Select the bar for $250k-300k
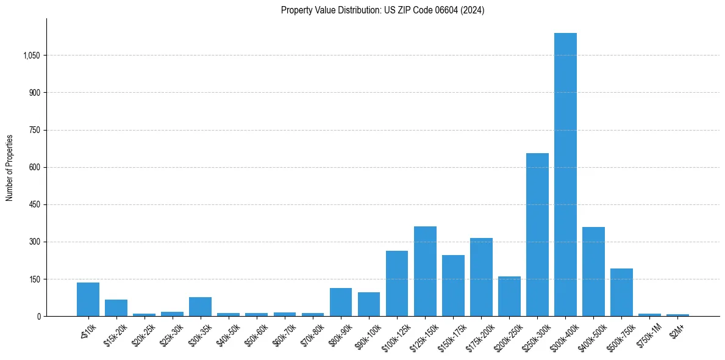[537, 235]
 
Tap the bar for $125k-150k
[425, 272]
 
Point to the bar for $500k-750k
[621, 292]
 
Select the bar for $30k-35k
[200, 307]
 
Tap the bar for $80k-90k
[341, 302]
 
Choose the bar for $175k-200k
[481, 277]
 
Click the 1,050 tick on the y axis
[31, 56]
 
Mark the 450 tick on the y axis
[35, 204]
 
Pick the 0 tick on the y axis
[39, 316]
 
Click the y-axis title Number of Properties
[10, 167]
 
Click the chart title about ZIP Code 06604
[382, 10]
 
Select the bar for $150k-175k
[453, 286]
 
